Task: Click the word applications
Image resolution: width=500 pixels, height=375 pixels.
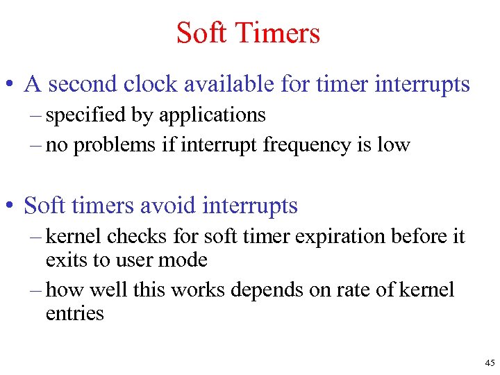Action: click(212, 115)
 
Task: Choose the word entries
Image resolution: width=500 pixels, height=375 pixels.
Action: click(74, 313)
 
